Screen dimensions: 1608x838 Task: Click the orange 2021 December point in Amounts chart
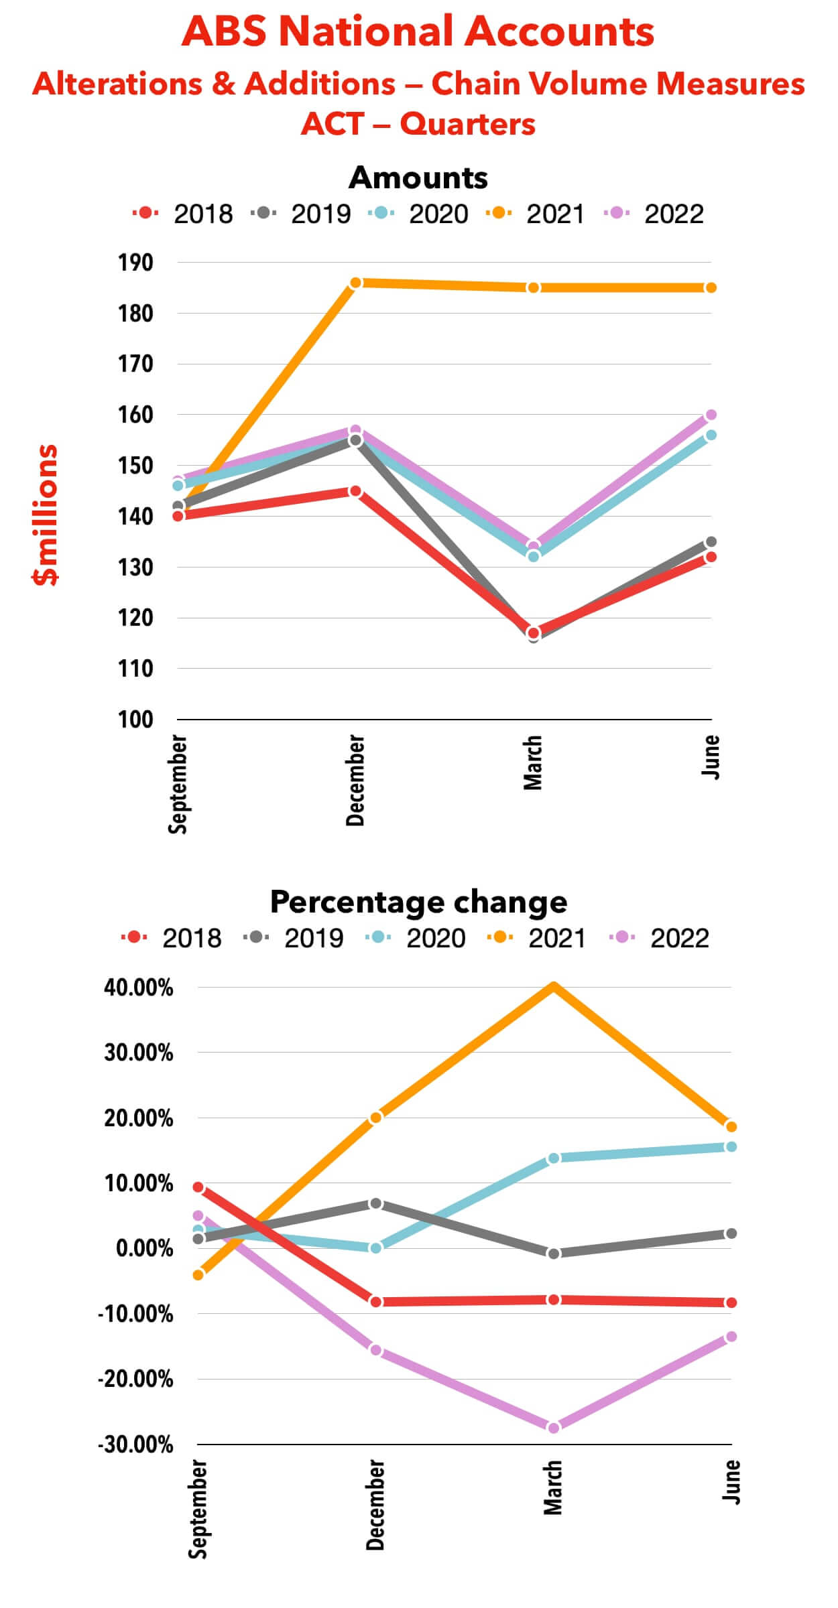[x=356, y=283]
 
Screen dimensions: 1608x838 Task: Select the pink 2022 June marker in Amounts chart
[x=711, y=415]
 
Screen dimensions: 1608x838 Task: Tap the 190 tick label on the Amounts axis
[x=136, y=263]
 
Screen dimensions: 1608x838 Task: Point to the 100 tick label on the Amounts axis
[x=136, y=720]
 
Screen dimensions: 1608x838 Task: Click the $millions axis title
[x=46, y=515]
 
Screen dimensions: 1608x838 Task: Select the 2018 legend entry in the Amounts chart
[x=183, y=214]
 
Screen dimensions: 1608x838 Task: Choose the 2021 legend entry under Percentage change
[x=538, y=938]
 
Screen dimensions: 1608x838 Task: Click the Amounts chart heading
[x=418, y=178]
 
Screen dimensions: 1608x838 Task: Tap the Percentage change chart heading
[x=418, y=902]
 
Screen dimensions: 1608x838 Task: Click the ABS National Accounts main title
[x=418, y=31]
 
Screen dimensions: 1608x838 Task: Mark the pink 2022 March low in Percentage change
[x=554, y=1428]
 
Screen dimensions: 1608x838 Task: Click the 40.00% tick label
[x=139, y=988]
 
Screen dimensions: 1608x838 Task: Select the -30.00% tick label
[x=136, y=1445]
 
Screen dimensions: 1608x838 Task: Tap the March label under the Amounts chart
[x=533, y=762]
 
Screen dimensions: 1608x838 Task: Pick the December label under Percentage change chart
[x=376, y=1505]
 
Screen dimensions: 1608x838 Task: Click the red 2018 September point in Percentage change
[x=198, y=1187]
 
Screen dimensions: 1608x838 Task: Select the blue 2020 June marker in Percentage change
[x=731, y=1147]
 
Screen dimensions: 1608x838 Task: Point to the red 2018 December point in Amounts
[x=356, y=492]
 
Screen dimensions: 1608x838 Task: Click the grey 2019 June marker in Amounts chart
[x=711, y=542]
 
